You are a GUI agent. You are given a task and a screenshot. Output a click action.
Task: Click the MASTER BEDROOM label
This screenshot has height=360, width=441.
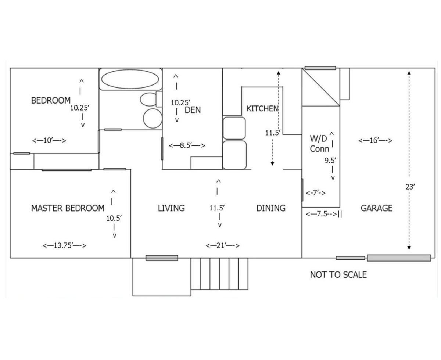pyautogui.click(x=68, y=208)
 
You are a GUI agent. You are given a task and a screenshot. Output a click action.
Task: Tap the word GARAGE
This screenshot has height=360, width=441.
pyautogui.click(x=376, y=208)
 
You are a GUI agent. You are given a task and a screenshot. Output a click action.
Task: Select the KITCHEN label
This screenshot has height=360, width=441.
pyautogui.click(x=262, y=108)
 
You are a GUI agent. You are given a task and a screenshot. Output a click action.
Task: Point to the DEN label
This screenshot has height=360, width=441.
pyautogui.click(x=193, y=110)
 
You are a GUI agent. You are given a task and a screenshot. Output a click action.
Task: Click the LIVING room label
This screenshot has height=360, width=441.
pyautogui.click(x=171, y=208)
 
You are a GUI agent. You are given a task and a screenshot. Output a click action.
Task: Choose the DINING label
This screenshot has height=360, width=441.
pyautogui.click(x=271, y=208)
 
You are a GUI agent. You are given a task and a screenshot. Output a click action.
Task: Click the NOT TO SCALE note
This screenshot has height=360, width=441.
pyautogui.click(x=338, y=274)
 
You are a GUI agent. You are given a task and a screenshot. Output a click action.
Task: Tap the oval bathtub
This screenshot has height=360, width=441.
pyautogui.click(x=130, y=79)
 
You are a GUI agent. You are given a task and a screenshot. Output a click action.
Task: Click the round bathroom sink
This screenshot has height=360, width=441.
pyautogui.click(x=153, y=118)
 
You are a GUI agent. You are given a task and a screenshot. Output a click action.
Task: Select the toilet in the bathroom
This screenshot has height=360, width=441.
pyautogui.click(x=151, y=99)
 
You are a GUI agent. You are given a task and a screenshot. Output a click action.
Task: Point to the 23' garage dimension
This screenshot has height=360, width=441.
pyautogui.click(x=410, y=187)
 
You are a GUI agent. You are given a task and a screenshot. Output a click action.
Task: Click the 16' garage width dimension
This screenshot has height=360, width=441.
pyautogui.click(x=375, y=140)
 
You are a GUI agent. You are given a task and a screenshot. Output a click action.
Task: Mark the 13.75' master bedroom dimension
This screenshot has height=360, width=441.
pyautogui.click(x=64, y=245)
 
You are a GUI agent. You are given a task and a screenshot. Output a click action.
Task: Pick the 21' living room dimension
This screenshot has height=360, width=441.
pyautogui.click(x=222, y=245)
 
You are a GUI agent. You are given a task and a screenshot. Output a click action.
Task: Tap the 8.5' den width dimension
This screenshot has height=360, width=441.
pyautogui.click(x=187, y=145)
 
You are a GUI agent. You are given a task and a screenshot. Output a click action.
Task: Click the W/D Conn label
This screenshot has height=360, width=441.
pyautogui.click(x=319, y=144)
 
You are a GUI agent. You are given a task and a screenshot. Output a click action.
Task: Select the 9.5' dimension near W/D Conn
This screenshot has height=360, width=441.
pyautogui.click(x=330, y=161)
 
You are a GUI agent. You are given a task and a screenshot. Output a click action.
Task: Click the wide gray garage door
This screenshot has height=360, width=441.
pyautogui.click(x=399, y=258)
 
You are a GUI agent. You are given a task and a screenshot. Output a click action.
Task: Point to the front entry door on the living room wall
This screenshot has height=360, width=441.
pyautogui.click(x=162, y=258)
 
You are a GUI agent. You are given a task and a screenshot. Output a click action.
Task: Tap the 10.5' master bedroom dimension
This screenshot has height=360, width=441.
pyautogui.click(x=114, y=218)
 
